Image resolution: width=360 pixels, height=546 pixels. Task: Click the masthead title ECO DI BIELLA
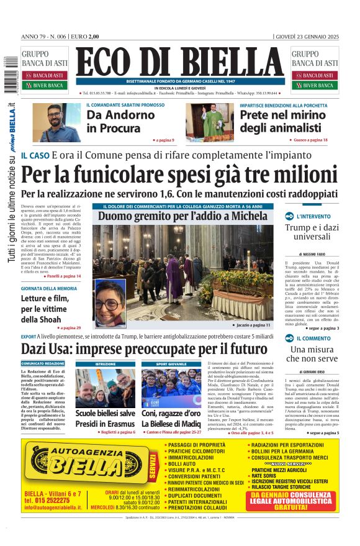[180, 62]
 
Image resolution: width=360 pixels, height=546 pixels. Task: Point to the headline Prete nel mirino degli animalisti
[275, 121]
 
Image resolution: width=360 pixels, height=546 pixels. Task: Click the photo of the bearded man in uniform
[56, 122]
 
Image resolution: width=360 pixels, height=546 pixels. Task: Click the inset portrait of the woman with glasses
[110, 304]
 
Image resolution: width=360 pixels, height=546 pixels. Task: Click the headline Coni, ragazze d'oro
[171, 413]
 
